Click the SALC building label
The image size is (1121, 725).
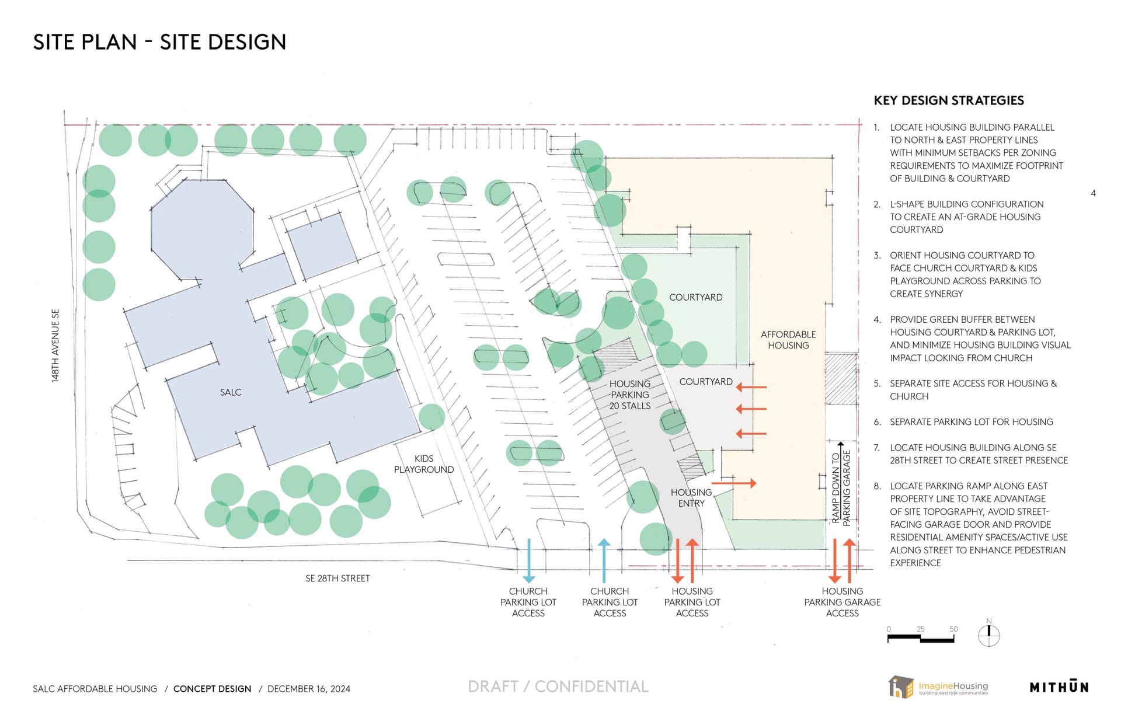tap(231, 392)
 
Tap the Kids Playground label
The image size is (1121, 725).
tap(424, 464)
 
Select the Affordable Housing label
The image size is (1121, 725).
tap(788, 340)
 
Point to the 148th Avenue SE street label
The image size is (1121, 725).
tap(55, 346)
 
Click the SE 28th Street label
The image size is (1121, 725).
tap(337, 578)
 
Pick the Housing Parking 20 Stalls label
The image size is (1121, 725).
tap(630, 395)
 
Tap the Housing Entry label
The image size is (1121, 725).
tap(691, 498)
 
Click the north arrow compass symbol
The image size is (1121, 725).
tap(988, 634)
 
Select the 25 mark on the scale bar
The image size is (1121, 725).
tap(921, 629)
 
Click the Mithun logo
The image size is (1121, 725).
tap(1059, 686)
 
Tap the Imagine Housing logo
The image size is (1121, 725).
tap(938, 686)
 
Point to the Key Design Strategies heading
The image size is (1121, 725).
tap(949, 100)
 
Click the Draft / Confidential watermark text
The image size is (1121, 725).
tap(558, 686)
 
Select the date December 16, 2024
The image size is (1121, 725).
tap(309, 689)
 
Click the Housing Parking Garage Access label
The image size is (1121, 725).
tap(843, 602)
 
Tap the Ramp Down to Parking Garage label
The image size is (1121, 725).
tap(841, 487)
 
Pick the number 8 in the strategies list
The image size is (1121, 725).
tap(877, 486)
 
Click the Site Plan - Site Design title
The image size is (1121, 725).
tap(159, 42)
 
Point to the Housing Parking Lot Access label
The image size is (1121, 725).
tap(692, 602)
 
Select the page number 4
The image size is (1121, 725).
tap(1093, 193)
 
